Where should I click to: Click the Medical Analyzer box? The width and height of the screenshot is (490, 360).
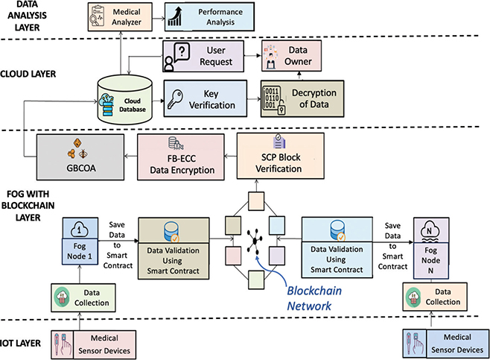click(118, 15)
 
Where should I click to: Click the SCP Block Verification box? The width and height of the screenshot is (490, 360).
click(280, 156)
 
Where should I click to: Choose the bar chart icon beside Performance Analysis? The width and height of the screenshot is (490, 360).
click(175, 15)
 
